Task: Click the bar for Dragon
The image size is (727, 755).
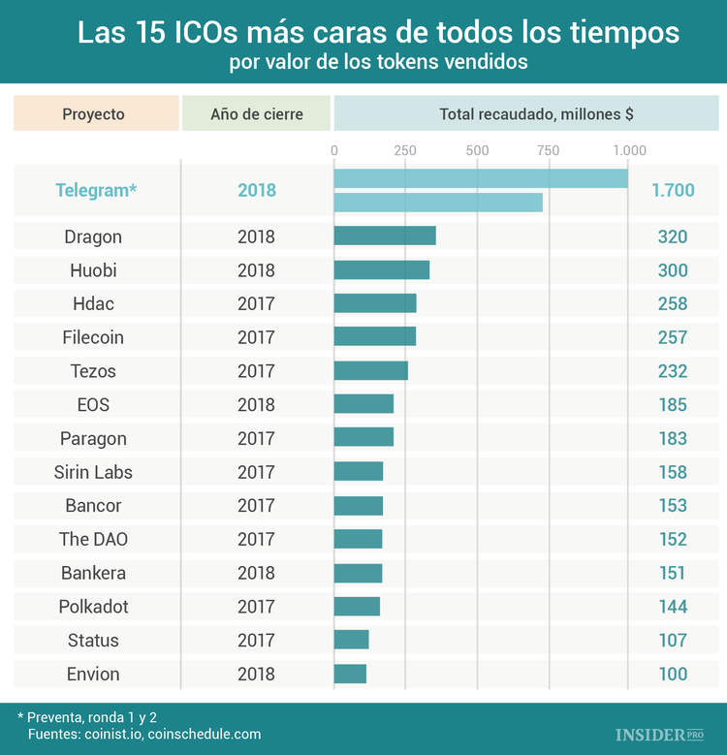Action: (385, 236)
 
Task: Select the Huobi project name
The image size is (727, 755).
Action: (93, 270)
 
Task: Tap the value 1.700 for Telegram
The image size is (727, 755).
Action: (673, 190)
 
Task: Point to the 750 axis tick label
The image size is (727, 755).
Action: (548, 150)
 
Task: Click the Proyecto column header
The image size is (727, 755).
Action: (94, 113)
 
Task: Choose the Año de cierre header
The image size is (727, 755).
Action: (257, 113)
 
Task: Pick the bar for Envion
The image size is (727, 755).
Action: (350, 674)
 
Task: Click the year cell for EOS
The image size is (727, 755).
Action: (256, 405)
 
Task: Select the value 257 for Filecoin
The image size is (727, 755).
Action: (673, 337)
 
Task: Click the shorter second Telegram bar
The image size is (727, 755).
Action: (438, 203)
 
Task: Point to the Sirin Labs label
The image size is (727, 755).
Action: (93, 472)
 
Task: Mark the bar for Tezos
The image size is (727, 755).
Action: (370, 371)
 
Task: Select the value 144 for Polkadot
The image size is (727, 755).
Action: (673, 607)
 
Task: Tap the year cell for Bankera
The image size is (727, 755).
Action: (256, 573)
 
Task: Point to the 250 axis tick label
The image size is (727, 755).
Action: (405, 150)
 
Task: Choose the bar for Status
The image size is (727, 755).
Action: (351, 640)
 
